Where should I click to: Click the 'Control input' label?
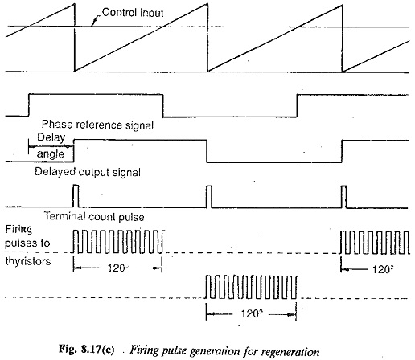[133, 13]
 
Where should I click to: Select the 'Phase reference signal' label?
[97, 125]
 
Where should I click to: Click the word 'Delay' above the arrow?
[51, 137]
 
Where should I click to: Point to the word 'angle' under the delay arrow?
[51, 154]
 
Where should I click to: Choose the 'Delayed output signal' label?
[88, 172]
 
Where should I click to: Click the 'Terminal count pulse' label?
[94, 216]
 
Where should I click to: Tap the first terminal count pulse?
[76, 196]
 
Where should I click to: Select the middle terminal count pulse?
[209, 196]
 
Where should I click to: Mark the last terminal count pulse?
[343, 196]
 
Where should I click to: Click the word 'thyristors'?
[28, 261]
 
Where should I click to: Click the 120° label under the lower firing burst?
[252, 313]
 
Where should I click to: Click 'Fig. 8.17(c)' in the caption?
[86, 350]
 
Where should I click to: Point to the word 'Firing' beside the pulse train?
[18, 230]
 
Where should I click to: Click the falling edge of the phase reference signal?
[162, 105]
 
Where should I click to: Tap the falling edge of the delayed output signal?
[207, 151]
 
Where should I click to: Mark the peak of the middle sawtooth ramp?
[207, 4]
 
